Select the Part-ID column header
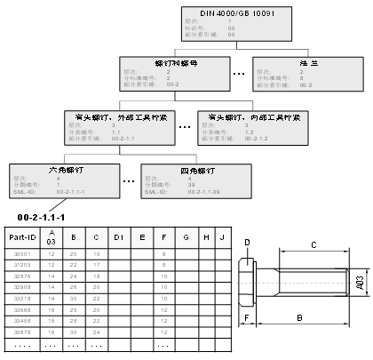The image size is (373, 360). pyautogui.click(x=21, y=238)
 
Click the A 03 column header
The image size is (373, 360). pyautogui.click(x=52, y=238)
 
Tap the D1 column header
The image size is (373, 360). pyautogui.click(x=118, y=237)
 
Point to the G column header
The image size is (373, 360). pyautogui.click(x=185, y=237)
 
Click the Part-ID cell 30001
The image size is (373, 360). pyautogui.click(x=21, y=254)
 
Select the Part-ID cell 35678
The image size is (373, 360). pyautogui.click(x=21, y=331)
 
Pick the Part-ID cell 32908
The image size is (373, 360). pyautogui.click(x=21, y=287)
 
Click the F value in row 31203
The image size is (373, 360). pyautogui.click(x=163, y=265)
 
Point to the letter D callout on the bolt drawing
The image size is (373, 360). pyautogui.click(x=247, y=241)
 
